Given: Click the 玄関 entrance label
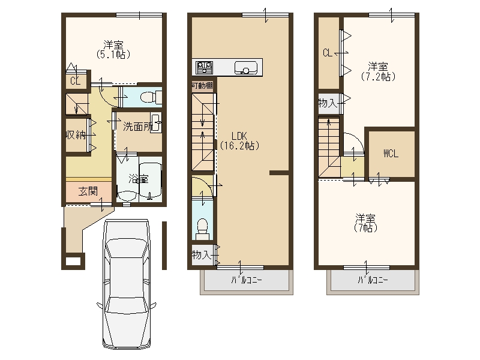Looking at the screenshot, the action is (x=88, y=191).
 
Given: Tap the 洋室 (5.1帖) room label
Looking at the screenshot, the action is (x=113, y=50).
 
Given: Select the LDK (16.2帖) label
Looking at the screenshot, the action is (x=239, y=140).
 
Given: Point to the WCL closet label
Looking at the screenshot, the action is (x=391, y=154).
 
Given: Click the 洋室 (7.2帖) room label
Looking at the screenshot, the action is (x=378, y=71).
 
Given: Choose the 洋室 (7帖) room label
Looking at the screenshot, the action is (x=365, y=223).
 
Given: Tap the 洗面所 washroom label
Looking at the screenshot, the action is (x=137, y=127).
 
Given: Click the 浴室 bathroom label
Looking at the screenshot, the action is (x=139, y=178).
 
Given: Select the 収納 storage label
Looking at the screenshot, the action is (x=76, y=134).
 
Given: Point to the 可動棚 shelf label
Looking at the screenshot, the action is (x=202, y=85).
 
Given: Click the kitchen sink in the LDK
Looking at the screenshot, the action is (x=246, y=68).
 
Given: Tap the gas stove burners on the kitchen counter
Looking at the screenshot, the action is (x=204, y=67).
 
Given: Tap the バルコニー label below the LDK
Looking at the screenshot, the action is (x=247, y=280).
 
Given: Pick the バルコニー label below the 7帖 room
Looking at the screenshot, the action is (x=373, y=280).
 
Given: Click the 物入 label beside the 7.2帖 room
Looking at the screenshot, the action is (x=328, y=103).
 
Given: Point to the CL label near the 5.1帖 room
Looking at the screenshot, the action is (x=76, y=81).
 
